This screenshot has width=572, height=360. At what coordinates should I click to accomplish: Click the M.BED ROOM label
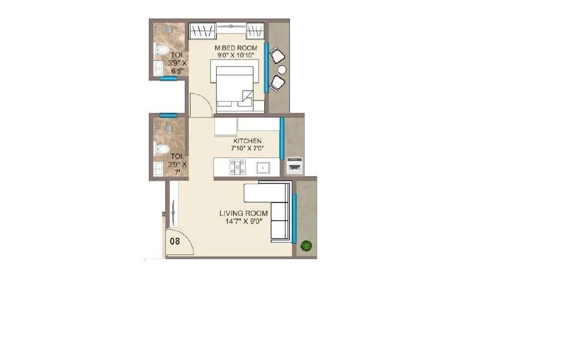tap(236, 48)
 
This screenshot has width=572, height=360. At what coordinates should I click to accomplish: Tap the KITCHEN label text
tap(247, 140)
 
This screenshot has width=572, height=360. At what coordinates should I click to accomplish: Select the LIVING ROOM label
tap(244, 213)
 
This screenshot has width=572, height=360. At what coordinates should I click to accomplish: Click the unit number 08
tap(175, 241)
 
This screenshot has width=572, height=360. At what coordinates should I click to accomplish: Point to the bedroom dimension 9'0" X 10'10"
tap(236, 56)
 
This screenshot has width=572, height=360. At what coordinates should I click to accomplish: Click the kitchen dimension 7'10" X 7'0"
tap(247, 148)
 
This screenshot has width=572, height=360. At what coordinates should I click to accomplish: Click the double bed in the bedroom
tap(233, 85)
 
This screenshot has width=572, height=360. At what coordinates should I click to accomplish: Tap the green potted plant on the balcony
tap(306, 246)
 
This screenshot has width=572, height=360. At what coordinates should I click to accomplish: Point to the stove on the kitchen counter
tap(237, 167)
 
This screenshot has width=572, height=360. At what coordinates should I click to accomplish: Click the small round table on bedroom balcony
tap(281, 69)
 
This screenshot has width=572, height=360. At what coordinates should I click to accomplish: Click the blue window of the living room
tap(294, 218)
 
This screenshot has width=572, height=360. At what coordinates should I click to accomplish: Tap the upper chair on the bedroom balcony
tap(277, 55)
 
